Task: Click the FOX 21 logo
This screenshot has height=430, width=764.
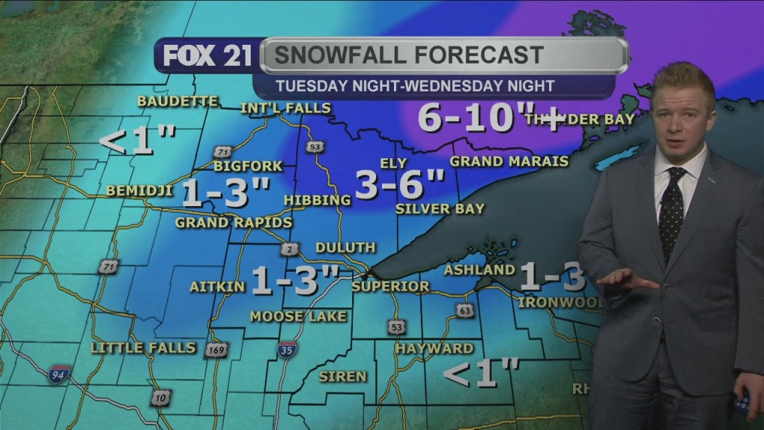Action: (207, 56)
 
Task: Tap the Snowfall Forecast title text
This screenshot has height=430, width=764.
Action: (407, 55)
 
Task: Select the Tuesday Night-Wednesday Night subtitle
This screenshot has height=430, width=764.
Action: (415, 86)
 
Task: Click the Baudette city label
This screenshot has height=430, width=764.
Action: (178, 101)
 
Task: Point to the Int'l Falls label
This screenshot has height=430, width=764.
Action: (285, 108)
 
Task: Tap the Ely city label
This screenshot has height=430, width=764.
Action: (392, 163)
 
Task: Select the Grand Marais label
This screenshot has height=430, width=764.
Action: (509, 161)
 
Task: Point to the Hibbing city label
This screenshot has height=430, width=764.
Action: (317, 200)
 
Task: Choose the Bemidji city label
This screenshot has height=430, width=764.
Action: (140, 190)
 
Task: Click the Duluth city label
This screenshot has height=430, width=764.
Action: (345, 248)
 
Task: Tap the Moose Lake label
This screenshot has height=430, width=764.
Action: (298, 317)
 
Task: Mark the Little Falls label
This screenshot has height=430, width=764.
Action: (143, 348)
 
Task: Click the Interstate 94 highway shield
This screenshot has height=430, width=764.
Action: (58, 374)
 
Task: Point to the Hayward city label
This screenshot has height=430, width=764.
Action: (434, 349)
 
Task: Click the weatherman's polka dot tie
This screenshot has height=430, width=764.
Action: (671, 205)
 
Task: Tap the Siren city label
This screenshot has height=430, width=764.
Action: (342, 376)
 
